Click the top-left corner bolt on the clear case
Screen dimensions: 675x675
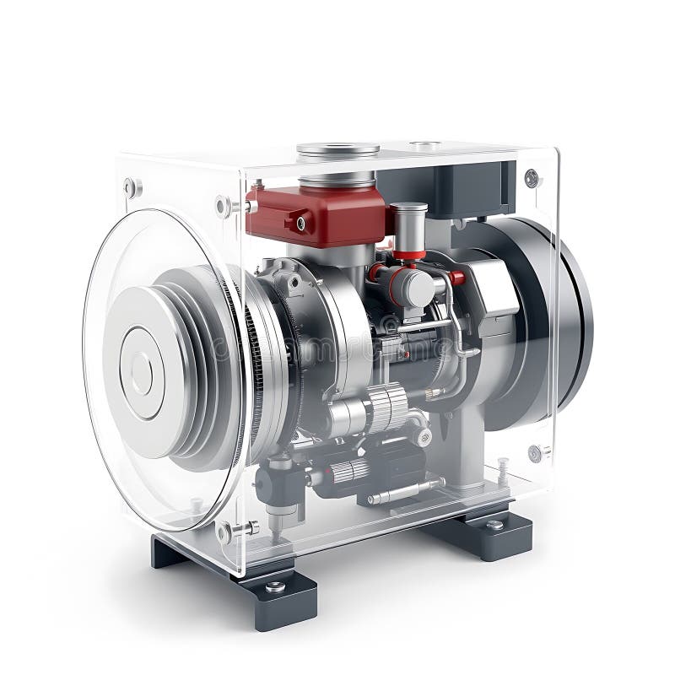pyautogui.click(x=131, y=187)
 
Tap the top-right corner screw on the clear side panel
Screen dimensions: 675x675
pyautogui.click(x=531, y=178)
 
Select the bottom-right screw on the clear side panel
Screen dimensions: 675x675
pyautogui.click(x=534, y=453)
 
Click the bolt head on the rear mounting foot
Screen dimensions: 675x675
pyautogui.click(x=494, y=525)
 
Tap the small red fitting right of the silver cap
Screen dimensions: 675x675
pyautogui.click(x=456, y=278)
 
